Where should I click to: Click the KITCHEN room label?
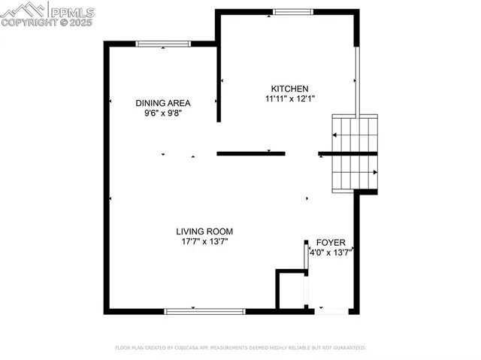(x=289, y=88)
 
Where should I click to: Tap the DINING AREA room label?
(x=162, y=103)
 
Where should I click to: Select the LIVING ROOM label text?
(x=204, y=231)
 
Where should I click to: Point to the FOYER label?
(x=331, y=243)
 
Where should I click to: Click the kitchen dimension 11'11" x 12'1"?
(x=289, y=98)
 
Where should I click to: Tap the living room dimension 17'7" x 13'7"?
(x=204, y=242)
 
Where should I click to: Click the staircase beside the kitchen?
(x=355, y=153)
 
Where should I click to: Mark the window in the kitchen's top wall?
(x=292, y=11)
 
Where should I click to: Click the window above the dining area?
(x=163, y=44)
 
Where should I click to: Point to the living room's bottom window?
(x=204, y=310)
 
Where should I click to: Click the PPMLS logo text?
(x=72, y=11)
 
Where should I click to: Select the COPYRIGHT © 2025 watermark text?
(x=47, y=23)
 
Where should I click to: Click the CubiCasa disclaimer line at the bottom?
(x=240, y=348)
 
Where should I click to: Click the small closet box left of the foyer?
(x=291, y=289)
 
